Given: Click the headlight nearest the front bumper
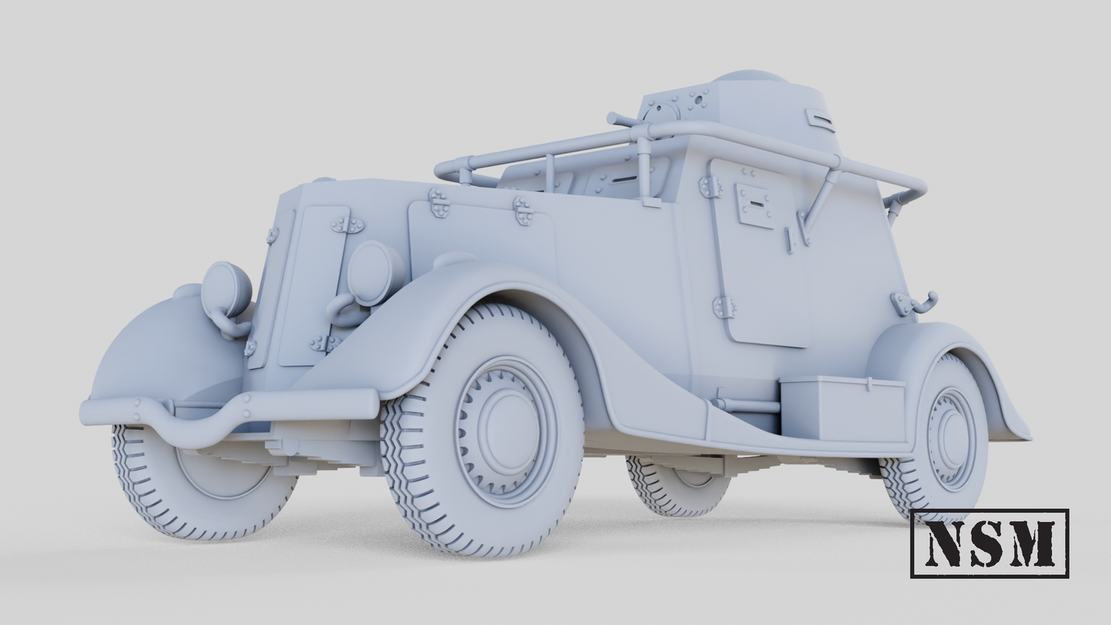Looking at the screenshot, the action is pos(226,289).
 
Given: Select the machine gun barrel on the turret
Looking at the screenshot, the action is pos(621,120).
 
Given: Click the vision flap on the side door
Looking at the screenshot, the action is pos(754,204).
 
